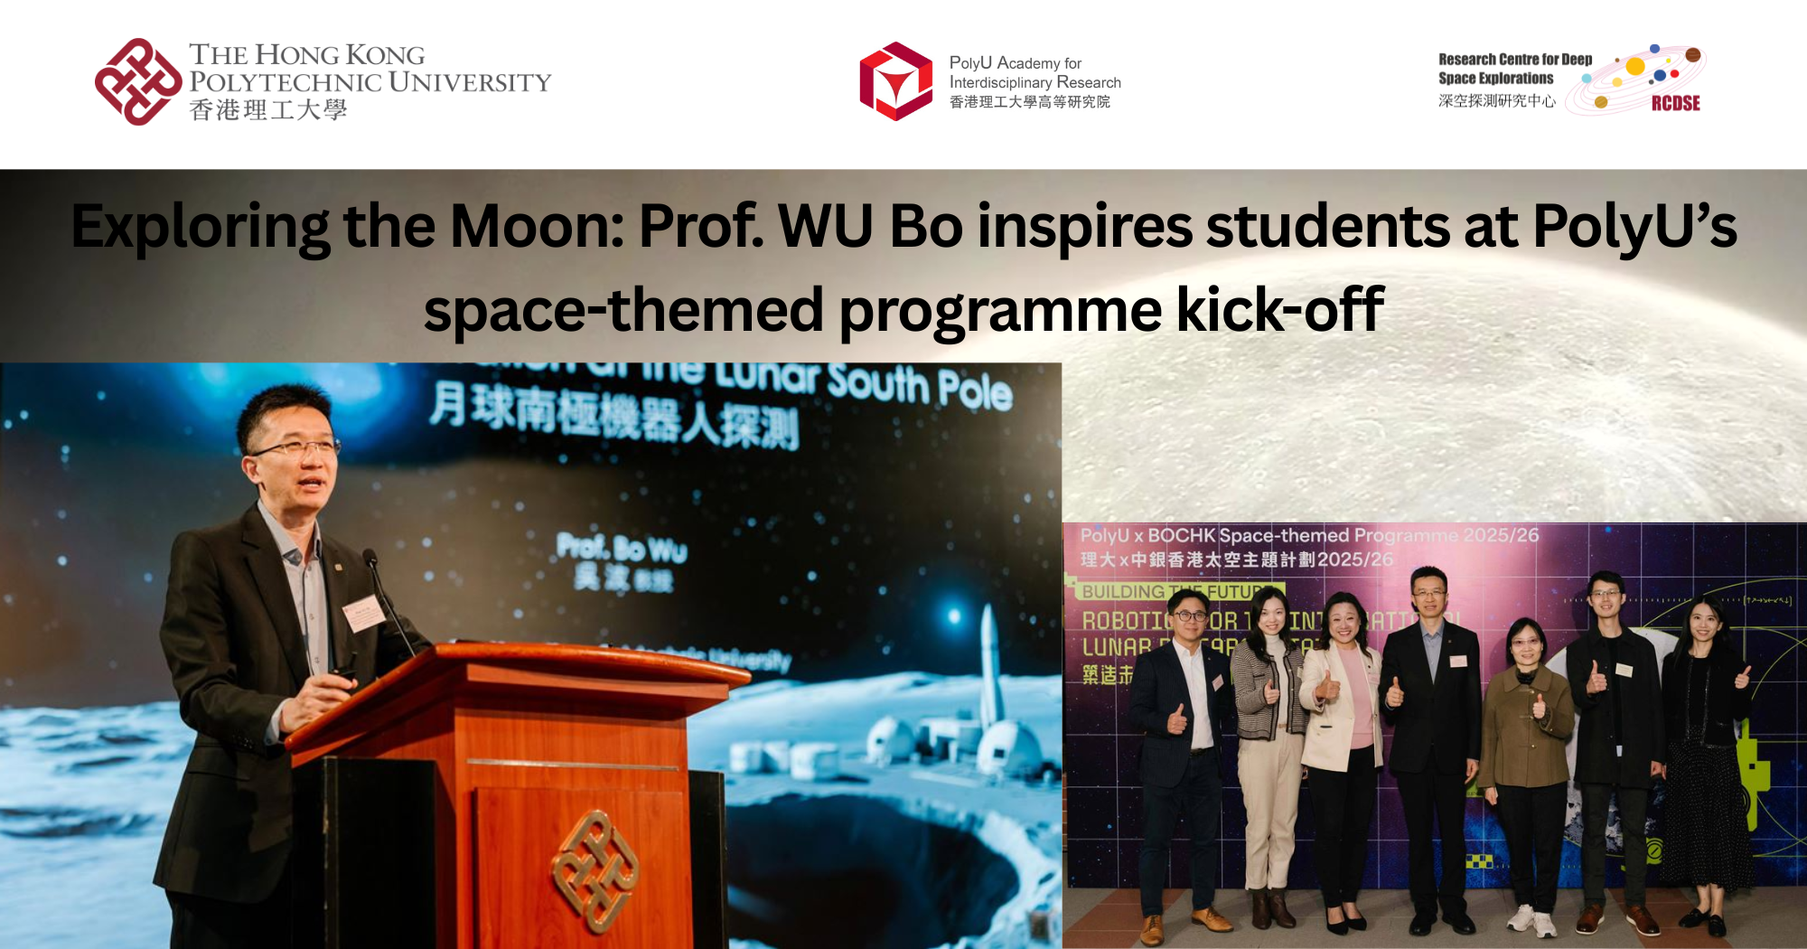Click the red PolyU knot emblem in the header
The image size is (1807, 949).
pos(137,81)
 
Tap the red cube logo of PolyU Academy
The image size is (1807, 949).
pos(895,81)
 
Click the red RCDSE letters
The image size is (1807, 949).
pos(1675,103)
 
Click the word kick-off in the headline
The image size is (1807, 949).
pos(1279,310)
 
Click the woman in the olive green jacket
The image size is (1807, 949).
pos(1526,723)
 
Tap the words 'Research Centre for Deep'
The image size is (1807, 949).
pos(1515,60)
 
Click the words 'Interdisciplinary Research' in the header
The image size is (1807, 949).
pos(1035,82)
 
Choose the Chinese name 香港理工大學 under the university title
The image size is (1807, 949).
pos(268,110)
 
